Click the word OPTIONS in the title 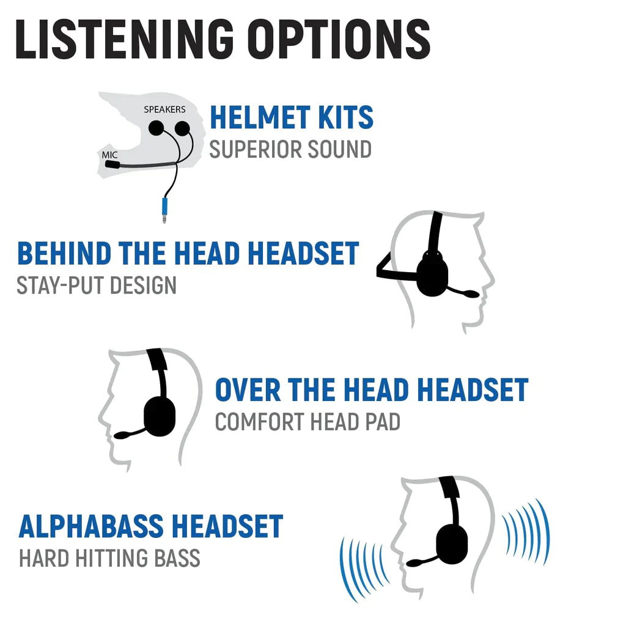(342, 40)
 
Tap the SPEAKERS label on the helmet (164, 109)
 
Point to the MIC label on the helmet (109, 155)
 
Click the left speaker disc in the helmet (156, 128)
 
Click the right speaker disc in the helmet (182, 128)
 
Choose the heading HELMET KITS (291, 118)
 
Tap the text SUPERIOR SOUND (290, 149)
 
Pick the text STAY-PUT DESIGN (97, 285)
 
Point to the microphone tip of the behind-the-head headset (471, 294)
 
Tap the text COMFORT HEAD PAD (307, 422)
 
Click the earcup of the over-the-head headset (160, 416)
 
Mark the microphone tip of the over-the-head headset (122, 435)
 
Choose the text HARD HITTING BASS (109, 558)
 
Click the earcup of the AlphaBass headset (452, 541)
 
